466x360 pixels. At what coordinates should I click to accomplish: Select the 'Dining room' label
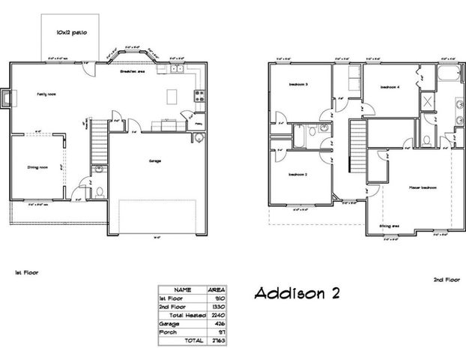(x=38, y=167)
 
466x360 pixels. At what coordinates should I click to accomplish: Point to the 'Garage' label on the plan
(x=155, y=160)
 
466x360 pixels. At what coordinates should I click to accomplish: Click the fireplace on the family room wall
(x=7, y=98)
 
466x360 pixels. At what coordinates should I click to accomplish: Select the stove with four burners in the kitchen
(x=199, y=95)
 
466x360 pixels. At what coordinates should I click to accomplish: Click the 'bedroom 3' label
(x=300, y=84)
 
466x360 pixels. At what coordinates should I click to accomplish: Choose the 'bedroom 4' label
(x=390, y=87)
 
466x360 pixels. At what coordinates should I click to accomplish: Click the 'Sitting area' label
(x=389, y=224)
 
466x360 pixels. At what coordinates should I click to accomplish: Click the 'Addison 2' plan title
(x=297, y=293)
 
